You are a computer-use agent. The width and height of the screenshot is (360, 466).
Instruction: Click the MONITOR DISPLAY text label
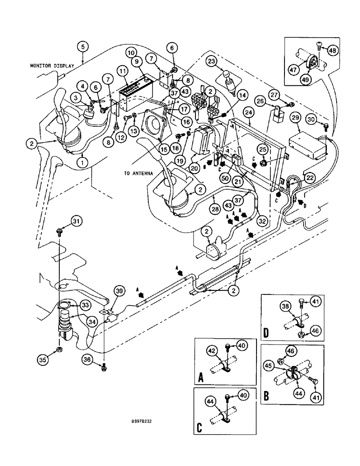pos(53,66)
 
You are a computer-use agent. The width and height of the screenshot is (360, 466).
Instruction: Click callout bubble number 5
pos(82,47)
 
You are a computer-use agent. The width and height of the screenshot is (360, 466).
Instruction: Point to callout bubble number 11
pos(123,71)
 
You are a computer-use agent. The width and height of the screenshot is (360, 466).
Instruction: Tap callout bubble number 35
pos(43,359)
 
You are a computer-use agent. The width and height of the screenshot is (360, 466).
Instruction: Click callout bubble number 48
pos(334,50)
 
